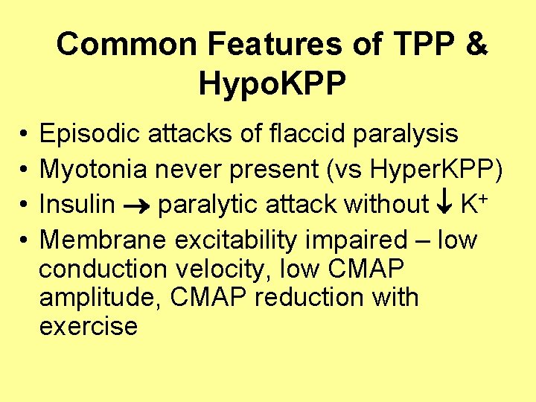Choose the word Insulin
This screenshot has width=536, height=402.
point(77,203)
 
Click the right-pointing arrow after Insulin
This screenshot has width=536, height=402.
point(138,205)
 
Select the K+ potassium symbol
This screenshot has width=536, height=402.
point(472,202)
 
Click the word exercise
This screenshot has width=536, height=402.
point(88,326)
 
